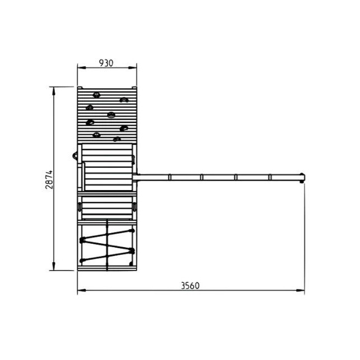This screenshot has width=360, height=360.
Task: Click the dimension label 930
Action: (106, 63)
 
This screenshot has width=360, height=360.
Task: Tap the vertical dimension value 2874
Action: (49, 179)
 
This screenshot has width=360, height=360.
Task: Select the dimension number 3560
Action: (190, 286)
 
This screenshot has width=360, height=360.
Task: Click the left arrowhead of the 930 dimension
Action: (82, 68)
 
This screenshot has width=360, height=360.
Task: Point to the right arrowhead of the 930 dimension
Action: (132, 68)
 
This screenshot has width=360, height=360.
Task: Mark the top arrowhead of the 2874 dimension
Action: (54, 91)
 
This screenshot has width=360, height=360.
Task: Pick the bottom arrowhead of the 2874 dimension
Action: (54, 266)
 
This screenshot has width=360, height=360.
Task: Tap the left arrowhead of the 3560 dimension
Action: (82, 291)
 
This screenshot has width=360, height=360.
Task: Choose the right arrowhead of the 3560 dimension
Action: (300, 291)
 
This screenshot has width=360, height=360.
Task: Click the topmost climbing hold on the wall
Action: (96, 95)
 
